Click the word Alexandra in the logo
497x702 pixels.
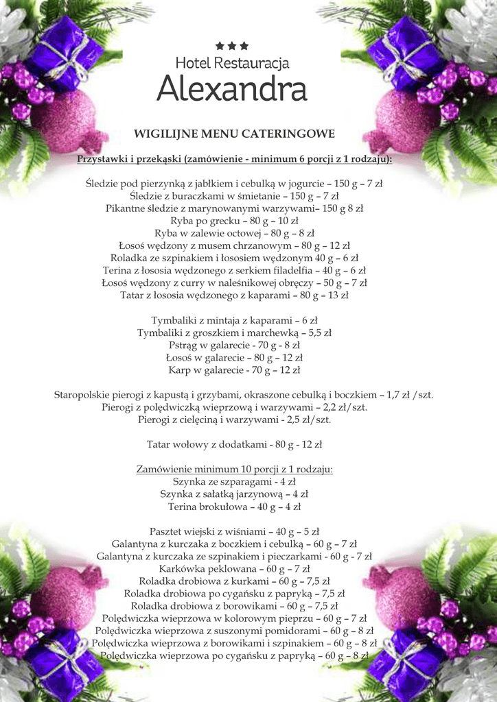click(231, 89)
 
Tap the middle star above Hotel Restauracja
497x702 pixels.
click(232, 46)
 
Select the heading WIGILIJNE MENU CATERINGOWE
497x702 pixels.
click(234, 133)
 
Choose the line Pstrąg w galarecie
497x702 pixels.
click(234, 345)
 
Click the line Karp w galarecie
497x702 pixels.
click(234, 370)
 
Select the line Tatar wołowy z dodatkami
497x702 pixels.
click(234, 444)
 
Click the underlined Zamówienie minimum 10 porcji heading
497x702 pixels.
click(234, 470)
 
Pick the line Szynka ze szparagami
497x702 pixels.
click(234, 482)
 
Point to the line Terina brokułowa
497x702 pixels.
click(234, 507)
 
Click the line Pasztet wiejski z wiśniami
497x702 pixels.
click(234, 531)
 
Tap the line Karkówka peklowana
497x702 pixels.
click(234, 568)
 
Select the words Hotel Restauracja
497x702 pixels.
click(232, 63)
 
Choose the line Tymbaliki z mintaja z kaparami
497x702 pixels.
click(234, 320)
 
